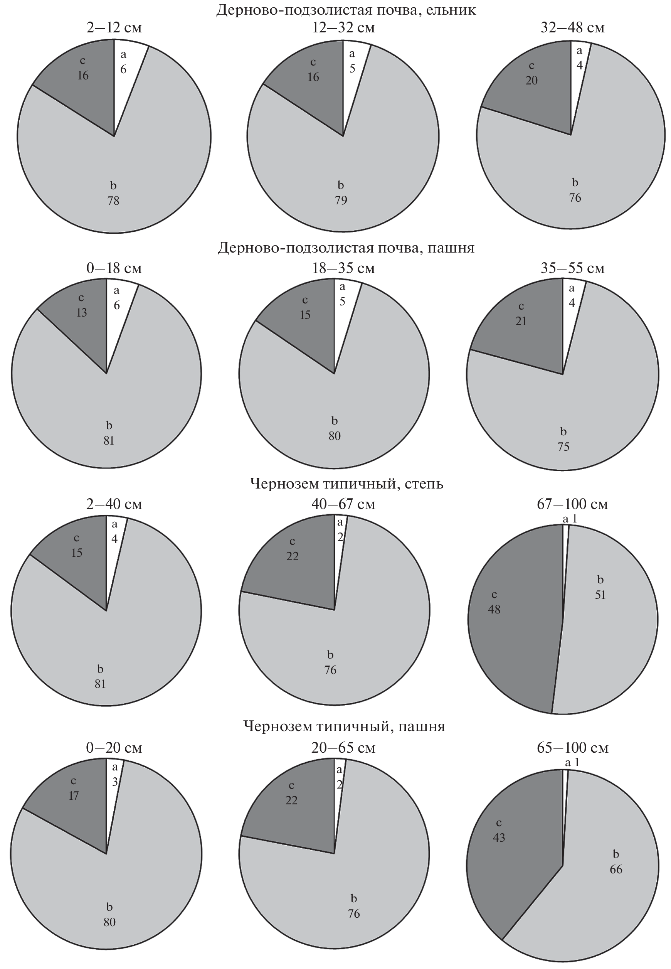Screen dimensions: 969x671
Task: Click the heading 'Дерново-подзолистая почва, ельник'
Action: point(346,10)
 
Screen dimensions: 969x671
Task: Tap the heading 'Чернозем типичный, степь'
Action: point(346,484)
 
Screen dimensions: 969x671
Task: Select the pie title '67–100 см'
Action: point(572,504)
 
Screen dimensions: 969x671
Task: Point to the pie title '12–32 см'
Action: point(343,28)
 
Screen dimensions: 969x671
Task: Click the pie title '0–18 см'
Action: point(114,268)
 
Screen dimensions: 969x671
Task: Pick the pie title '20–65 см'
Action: point(343,747)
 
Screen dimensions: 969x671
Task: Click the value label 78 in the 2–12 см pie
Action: point(113,201)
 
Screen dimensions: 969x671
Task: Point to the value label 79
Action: point(341,200)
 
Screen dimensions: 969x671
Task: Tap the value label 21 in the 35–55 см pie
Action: point(521,321)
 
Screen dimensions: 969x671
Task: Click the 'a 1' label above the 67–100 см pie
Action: point(570,519)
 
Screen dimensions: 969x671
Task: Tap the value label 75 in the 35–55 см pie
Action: point(563,447)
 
